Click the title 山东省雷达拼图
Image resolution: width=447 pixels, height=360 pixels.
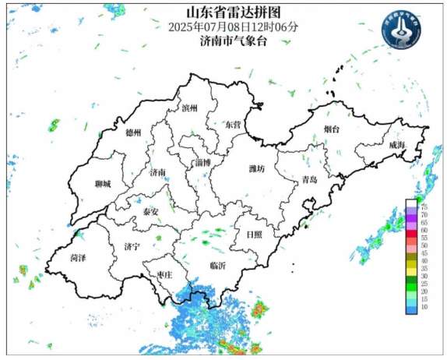point(231,12)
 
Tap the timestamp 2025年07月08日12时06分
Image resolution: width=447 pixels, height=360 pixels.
point(232,26)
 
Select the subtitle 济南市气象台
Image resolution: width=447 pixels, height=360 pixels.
point(232,41)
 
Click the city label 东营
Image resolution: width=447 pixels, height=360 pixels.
point(232,124)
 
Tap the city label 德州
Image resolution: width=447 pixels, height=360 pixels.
point(134,132)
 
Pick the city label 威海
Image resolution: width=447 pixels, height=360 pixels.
point(396,145)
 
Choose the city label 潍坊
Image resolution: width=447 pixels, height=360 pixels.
point(256,168)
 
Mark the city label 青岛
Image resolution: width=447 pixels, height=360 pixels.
point(309,180)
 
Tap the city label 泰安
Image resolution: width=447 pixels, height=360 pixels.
point(150,211)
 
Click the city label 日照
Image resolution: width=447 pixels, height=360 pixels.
point(254,234)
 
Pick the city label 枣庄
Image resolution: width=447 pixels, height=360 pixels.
point(164,274)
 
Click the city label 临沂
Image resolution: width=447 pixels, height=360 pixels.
point(219,266)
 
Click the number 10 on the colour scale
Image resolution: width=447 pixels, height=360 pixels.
point(424,309)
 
